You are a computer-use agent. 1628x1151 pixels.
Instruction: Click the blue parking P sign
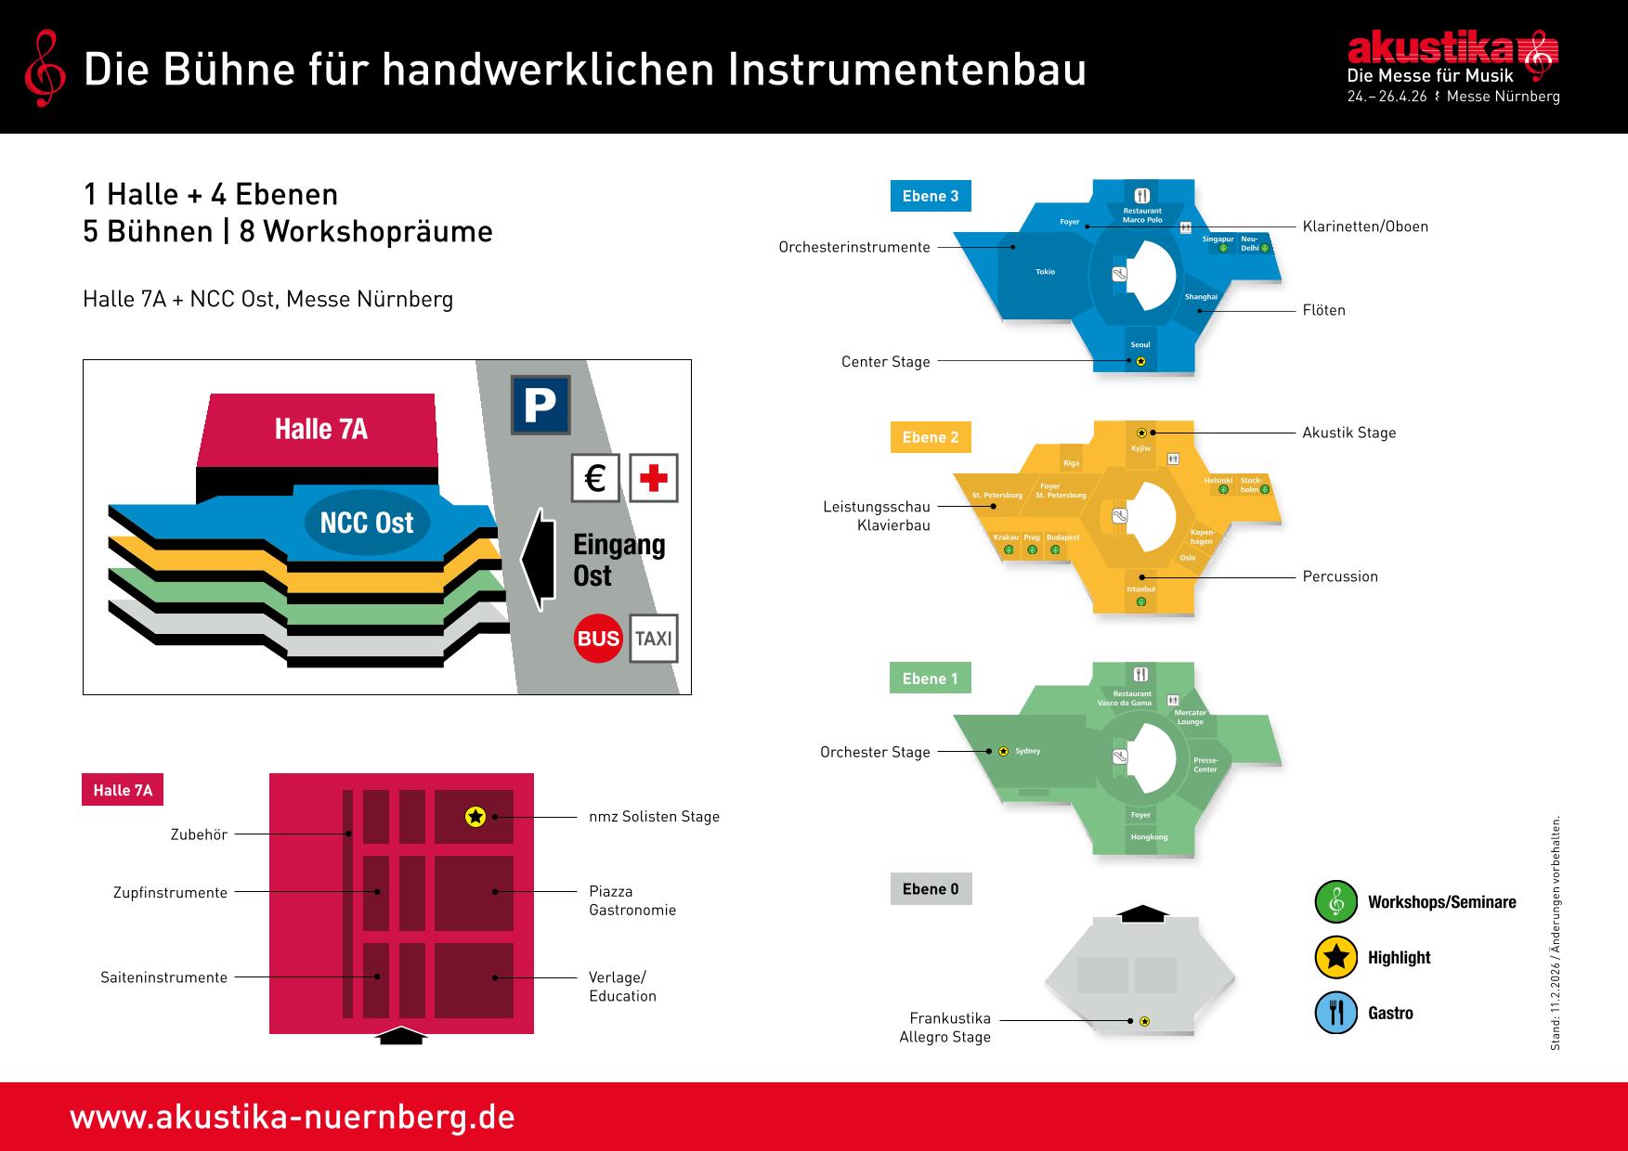(540, 405)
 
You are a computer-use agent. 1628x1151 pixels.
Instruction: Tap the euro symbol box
(595, 478)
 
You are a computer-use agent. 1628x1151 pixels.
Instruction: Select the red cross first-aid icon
(654, 478)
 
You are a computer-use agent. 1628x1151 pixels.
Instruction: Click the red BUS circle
(598, 639)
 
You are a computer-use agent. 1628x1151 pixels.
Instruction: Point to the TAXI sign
(654, 639)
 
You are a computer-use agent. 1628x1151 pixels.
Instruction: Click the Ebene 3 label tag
(931, 196)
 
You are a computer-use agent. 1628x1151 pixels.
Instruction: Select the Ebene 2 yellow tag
(931, 437)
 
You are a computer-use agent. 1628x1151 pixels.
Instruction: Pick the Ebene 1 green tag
(931, 679)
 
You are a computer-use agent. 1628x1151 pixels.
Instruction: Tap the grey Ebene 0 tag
(931, 889)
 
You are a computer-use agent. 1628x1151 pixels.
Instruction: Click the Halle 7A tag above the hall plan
(123, 791)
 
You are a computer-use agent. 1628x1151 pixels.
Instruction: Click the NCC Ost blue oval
(367, 523)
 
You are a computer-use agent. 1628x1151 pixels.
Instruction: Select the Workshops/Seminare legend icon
(1336, 901)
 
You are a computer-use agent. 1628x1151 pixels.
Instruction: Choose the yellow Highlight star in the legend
(1336, 958)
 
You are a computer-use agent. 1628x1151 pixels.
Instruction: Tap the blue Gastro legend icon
(1336, 1013)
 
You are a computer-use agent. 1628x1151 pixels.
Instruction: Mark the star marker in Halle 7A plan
(475, 817)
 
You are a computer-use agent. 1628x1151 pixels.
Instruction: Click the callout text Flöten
(1323, 310)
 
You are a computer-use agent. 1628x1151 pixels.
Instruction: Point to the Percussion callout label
(1340, 576)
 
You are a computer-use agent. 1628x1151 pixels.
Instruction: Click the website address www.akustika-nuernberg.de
(292, 1117)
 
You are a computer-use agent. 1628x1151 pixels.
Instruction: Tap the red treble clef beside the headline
(44, 67)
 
